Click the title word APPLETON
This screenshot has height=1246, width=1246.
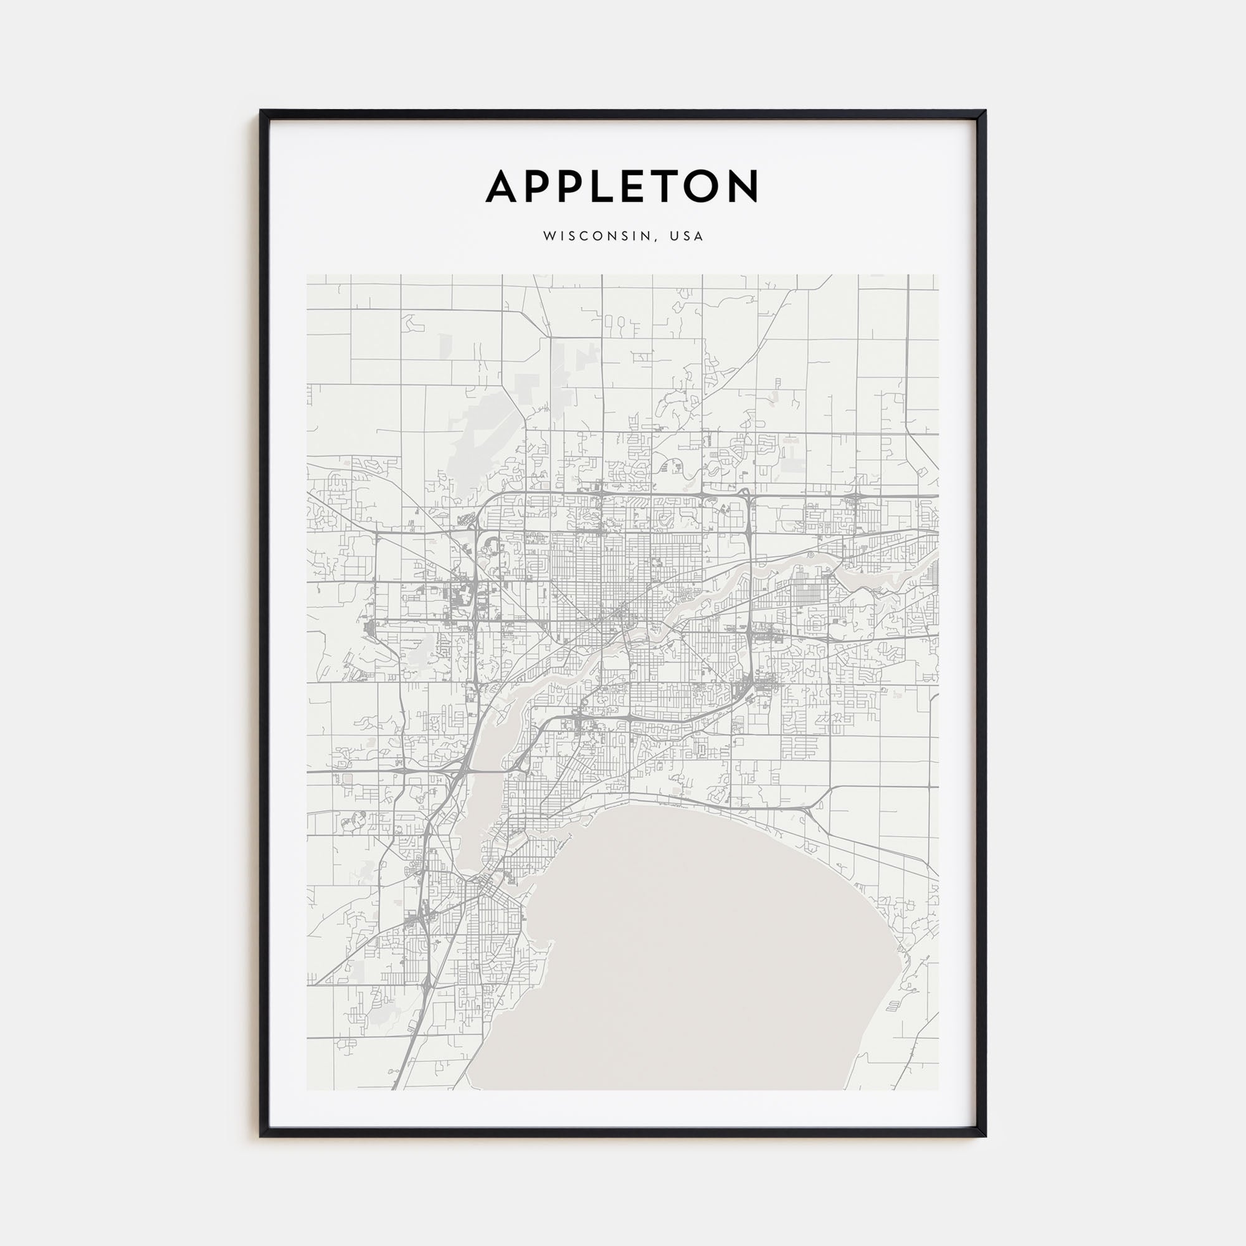click(622, 186)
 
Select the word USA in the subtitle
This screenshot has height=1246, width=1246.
click(686, 236)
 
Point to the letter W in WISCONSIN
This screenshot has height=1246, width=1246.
click(549, 236)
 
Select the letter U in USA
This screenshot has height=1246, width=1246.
click(674, 236)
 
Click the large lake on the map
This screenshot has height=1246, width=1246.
click(683, 954)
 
